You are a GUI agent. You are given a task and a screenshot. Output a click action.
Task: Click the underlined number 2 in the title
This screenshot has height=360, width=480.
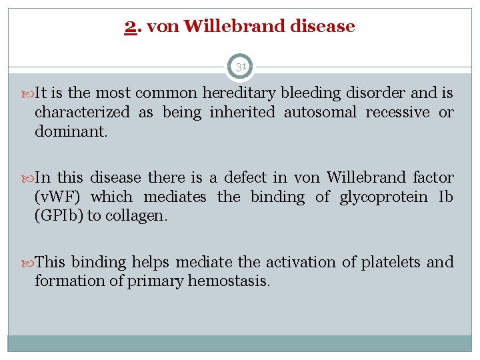point(129,27)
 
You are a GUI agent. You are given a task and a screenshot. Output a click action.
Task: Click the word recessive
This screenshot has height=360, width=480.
point(398,113)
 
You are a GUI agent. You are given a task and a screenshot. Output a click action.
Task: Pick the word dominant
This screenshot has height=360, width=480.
point(70,131)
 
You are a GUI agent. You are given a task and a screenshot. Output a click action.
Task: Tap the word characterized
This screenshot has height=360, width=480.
point(82,113)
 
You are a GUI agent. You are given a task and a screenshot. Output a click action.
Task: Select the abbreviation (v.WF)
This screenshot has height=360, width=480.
point(58,197)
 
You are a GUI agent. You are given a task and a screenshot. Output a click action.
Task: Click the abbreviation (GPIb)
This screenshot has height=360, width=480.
point(58,216)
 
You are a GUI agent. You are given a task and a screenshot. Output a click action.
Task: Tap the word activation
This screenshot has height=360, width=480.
point(297,263)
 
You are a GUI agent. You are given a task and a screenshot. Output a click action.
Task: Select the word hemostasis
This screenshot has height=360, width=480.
point(229,281)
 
